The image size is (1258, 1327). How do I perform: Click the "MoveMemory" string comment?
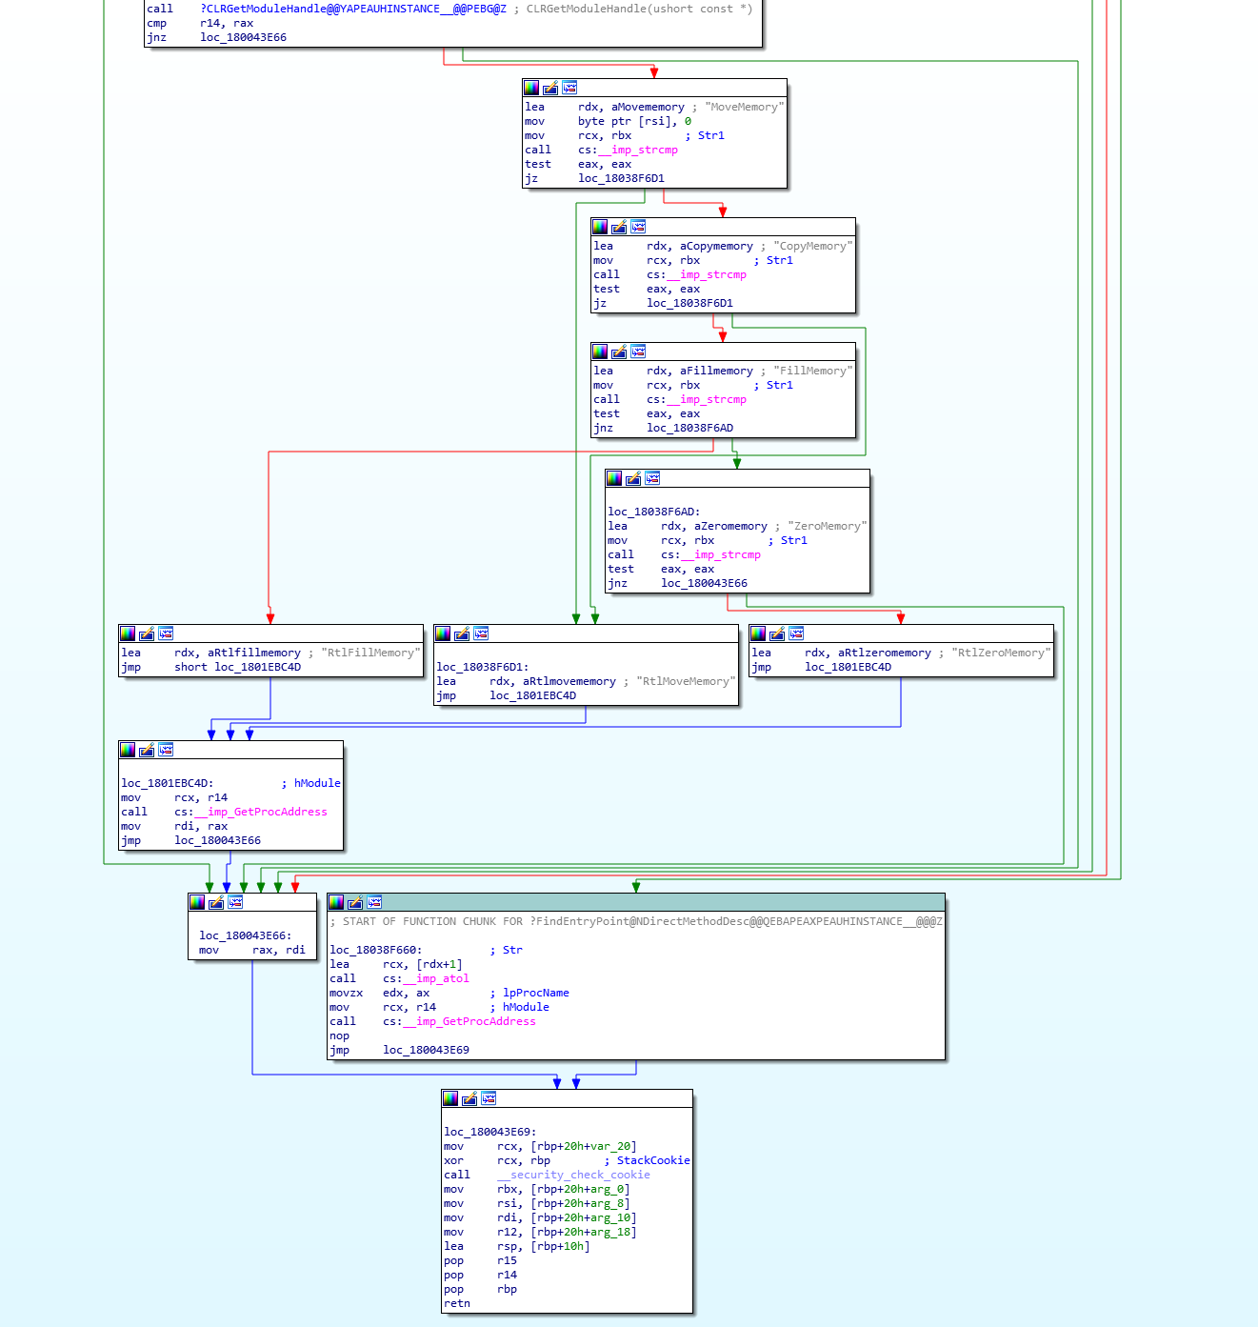[745, 107]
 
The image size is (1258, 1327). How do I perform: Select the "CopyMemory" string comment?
[813, 246]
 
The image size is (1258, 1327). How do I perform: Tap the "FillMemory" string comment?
[813, 371]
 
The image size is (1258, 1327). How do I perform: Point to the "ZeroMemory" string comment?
[828, 526]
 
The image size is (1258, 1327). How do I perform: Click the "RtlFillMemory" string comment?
[370, 653]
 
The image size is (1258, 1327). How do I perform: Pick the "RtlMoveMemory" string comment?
[686, 681]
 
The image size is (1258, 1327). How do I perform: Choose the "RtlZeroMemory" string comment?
[1001, 653]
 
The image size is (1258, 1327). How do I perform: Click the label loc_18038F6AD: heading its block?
[654, 512]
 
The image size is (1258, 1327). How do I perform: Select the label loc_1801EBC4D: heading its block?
[168, 783]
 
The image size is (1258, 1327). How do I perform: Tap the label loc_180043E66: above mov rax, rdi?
[246, 935]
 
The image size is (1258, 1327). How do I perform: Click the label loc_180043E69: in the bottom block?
[490, 1132]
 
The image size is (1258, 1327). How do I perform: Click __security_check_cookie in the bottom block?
[573, 1175]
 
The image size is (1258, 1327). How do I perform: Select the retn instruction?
[457, 1303]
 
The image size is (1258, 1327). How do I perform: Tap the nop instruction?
[339, 1035]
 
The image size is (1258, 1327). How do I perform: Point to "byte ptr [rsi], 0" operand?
[634, 121]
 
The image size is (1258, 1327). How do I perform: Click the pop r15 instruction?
[481, 1261]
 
